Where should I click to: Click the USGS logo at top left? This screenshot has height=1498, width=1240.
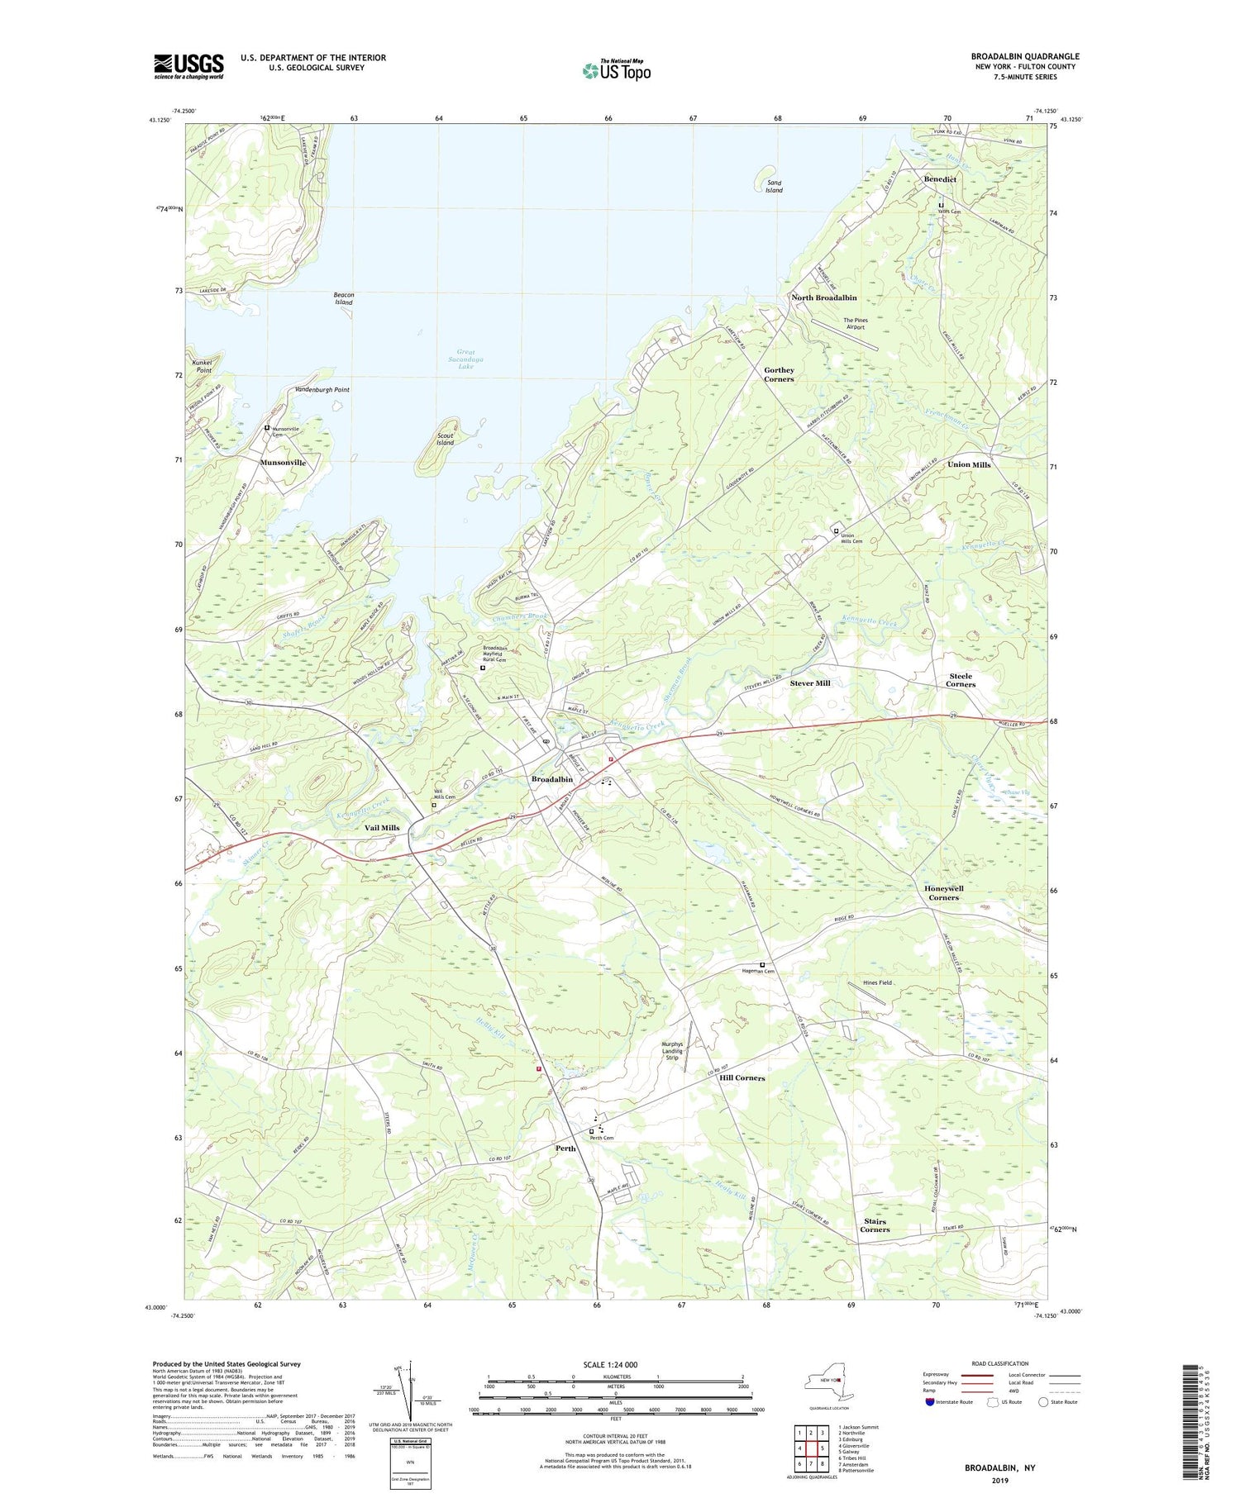click(188, 66)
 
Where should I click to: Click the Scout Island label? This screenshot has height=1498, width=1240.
click(445, 439)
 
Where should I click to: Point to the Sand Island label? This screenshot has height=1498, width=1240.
click(774, 186)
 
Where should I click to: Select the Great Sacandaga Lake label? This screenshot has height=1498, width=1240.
click(465, 359)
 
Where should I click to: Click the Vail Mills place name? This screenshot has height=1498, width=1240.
click(382, 827)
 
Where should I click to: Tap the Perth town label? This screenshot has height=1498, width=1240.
click(565, 1148)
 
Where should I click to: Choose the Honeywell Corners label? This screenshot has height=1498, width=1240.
click(943, 892)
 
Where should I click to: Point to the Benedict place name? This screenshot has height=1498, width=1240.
click(940, 179)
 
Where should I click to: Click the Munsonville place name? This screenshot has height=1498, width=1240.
click(283, 463)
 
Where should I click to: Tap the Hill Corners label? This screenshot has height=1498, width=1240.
click(742, 1077)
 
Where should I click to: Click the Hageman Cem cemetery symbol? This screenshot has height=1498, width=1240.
click(762, 964)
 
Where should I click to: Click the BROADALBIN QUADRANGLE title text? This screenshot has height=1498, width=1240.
click(1025, 56)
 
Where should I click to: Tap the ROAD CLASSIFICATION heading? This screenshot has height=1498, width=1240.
click(1000, 1362)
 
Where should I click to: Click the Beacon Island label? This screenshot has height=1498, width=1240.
click(343, 298)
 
